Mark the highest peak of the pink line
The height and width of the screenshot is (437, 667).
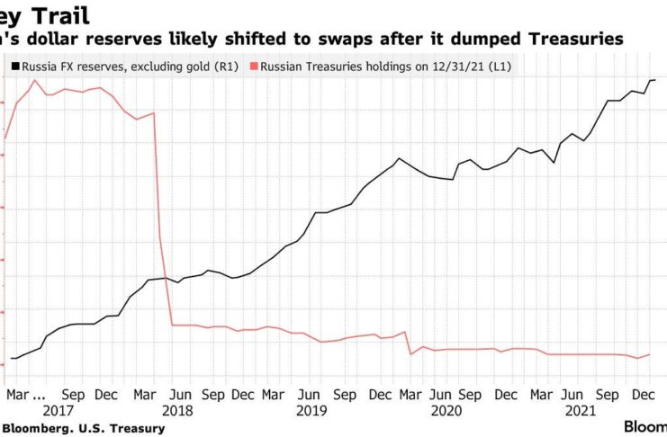click(x=35, y=80)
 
